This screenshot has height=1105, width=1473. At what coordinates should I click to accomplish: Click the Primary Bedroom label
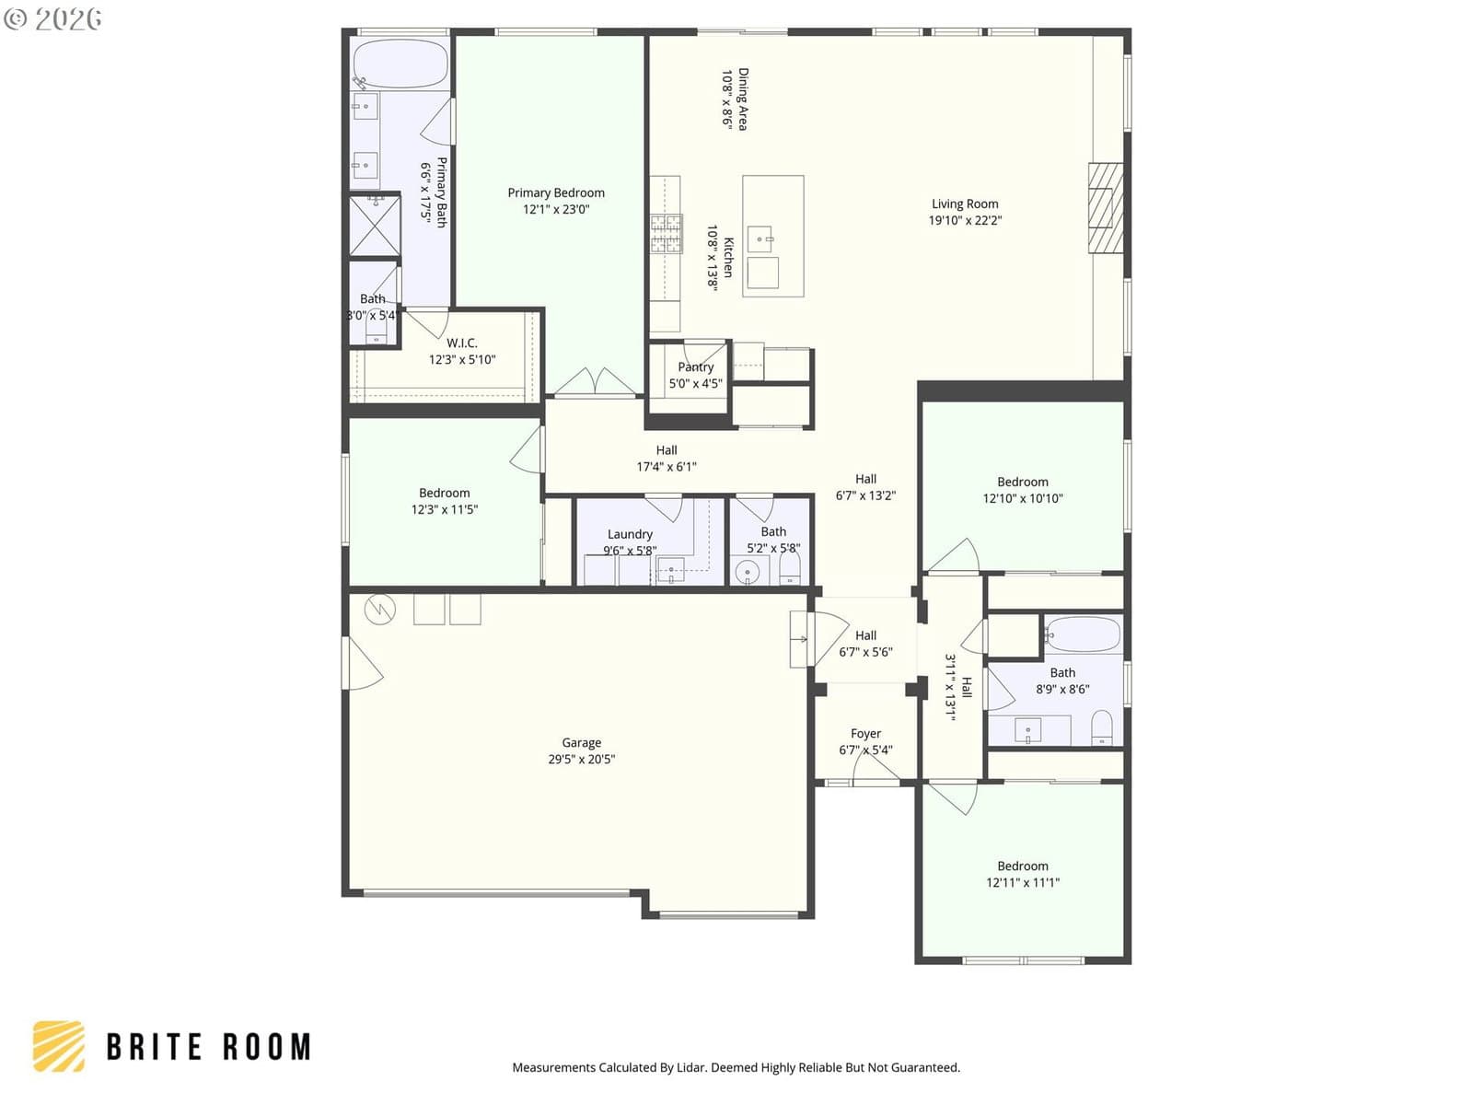(x=556, y=193)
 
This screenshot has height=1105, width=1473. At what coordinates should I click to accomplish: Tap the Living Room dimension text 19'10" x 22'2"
(x=964, y=220)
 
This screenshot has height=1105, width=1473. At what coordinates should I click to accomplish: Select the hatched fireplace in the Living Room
(x=1106, y=208)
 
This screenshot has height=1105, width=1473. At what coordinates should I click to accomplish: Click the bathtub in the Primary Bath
(x=400, y=64)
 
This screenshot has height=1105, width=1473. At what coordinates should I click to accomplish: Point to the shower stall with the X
(x=375, y=225)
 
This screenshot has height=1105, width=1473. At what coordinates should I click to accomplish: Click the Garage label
(x=581, y=743)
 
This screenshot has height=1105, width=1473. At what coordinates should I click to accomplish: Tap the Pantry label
(x=695, y=367)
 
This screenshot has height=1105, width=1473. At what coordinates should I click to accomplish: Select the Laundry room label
(x=630, y=534)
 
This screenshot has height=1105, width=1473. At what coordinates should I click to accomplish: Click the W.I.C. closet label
(x=462, y=343)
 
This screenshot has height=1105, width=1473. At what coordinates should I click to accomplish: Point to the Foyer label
(x=865, y=733)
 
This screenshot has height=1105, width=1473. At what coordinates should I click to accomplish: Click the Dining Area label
(x=742, y=99)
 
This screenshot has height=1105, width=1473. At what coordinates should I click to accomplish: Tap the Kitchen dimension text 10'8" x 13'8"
(x=712, y=259)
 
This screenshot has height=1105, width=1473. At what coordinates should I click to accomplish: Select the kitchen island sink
(x=760, y=238)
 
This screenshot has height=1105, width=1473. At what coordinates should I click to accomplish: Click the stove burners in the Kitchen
(x=666, y=234)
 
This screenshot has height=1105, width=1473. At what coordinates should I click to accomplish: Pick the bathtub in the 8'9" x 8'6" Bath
(x=1083, y=634)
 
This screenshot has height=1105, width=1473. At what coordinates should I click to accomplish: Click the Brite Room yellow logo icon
(x=59, y=1047)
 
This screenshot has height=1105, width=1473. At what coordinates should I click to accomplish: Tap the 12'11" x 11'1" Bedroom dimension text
(x=1022, y=882)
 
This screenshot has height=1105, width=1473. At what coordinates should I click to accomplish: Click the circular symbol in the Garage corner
(x=380, y=609)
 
